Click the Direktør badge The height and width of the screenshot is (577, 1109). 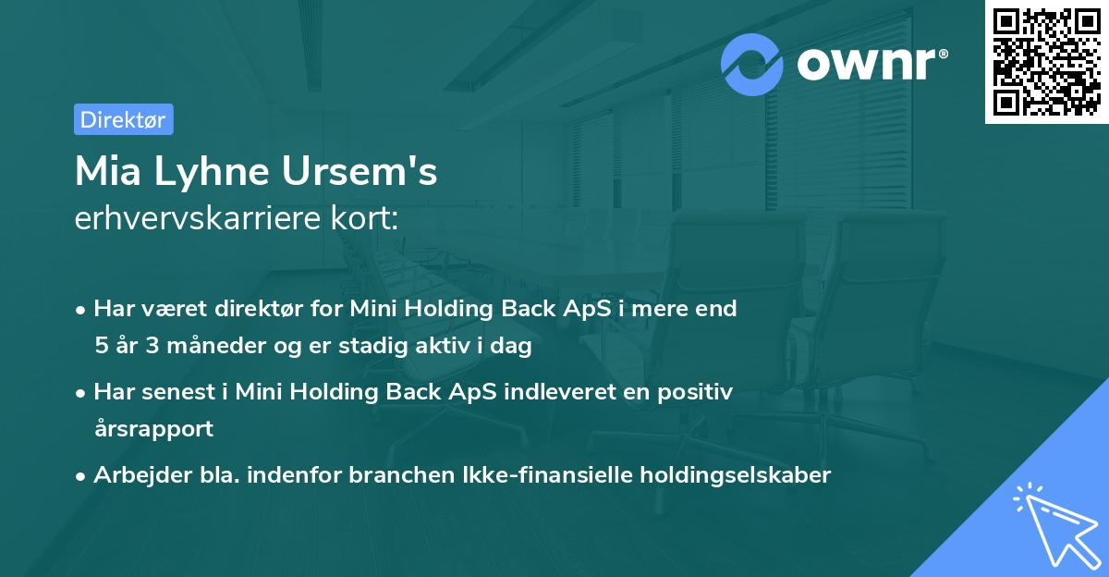[x=123, y=119]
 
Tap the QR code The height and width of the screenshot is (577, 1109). [x=1046, y=61]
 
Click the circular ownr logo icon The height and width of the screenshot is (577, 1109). [x=753, y=65]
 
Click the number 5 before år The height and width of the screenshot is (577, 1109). [x=100, y=346]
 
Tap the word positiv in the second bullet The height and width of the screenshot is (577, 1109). [x=697, y=392]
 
